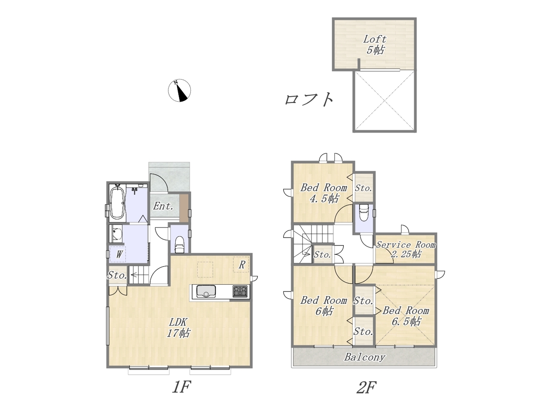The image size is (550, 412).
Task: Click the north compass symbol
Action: coord(179,90)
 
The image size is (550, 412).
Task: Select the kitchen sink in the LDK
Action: coord(206,291)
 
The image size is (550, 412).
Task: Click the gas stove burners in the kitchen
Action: coord(240,291)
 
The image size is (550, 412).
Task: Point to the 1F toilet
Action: coord(180,244)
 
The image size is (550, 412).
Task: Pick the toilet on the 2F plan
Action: coord(364,212)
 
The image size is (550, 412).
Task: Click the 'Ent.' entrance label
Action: coord(163,206)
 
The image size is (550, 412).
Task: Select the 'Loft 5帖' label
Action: coord(375,45)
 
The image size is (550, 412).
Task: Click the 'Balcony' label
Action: coord(364,357)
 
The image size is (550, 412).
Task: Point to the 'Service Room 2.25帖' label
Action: coord(406,249)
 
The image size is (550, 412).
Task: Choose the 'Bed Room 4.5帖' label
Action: coord(324,193)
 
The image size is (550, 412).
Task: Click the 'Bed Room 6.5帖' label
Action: coord(406,316)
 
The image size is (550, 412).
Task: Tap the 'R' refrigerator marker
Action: coord(241,265)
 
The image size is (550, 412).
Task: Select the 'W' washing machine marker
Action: coord(119,254)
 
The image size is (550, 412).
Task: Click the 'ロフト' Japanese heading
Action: coord(309,100)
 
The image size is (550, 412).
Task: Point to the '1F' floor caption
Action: coord(182,387)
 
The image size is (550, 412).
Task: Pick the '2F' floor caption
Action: coord(367,388)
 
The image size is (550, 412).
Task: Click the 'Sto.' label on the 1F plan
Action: coord(117,275)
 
